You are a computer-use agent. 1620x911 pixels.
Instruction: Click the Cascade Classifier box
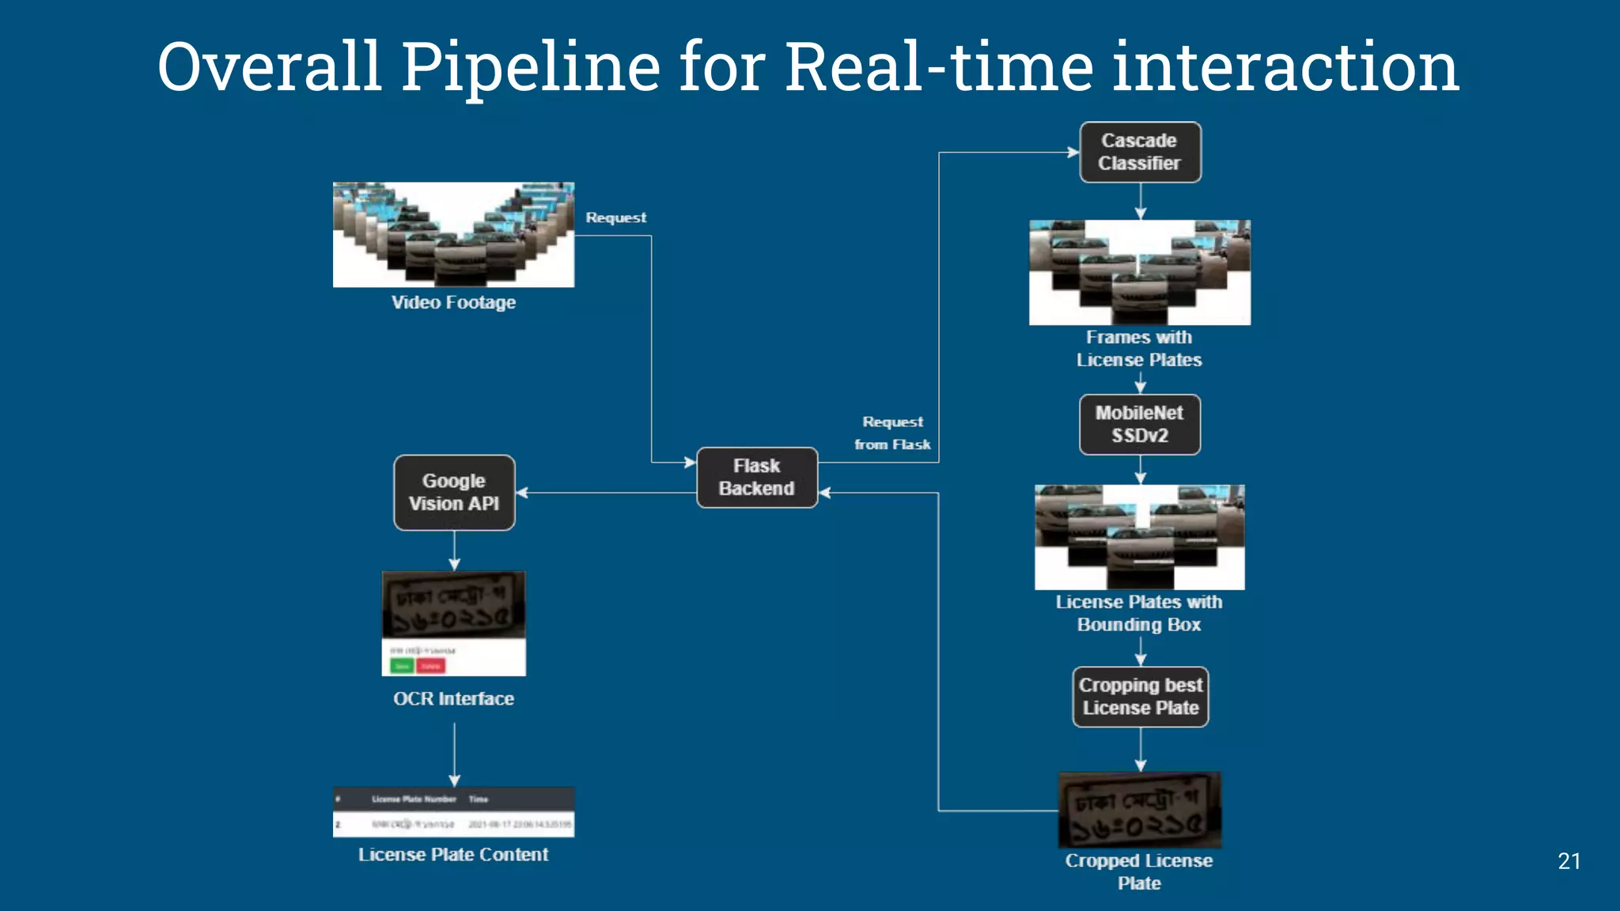pyautogui.click(x=1140, y=152)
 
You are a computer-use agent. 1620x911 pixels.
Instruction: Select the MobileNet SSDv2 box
pyautogui.click(x=1140, y=425)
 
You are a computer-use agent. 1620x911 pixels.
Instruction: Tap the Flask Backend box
pyautogui.click(x=757, y=478)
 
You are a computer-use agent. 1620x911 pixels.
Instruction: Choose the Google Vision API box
pyautogui.click(x=454, y=493)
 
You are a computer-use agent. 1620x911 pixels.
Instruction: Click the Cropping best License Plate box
pyautogui.click(x=1140, y=697)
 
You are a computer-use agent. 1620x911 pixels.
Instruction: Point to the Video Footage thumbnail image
pyautogui.click(x=453, y=235)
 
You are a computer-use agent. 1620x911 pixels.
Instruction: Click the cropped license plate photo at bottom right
pyautogui.click(x=1140, y=811)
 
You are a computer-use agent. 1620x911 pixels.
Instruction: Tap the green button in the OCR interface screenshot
pyautogui.click(x=402, y=666)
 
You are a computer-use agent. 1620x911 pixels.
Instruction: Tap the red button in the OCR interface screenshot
pyautogui.click(x=431, y=666)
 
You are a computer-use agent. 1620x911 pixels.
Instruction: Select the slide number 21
pyautogui.click(x=1569, y=861)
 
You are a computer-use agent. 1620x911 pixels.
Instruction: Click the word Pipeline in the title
pyautogui.click(x=530, y=67)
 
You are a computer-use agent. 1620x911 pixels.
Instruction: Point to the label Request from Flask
pyautogui.click(x=892, y=433)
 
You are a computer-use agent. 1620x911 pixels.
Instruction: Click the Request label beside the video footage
pyautogui.click(x=615, y=217)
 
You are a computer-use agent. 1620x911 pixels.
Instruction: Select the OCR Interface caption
pyautogui.click(x=453, y=699)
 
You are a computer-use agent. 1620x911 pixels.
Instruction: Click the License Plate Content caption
pyautogui.click(x=453, y=855)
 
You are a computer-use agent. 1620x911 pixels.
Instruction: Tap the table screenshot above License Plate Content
pyautogui.click(x=453, y=812)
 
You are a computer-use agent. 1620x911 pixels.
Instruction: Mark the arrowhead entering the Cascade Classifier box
pyautogui.click(x=1073, y=153)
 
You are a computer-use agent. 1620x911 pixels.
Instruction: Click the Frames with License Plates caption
pyautogui.click(x=1139, y=349)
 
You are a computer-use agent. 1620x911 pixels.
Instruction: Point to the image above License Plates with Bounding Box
pyautogui.click(x=1139, y=537)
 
